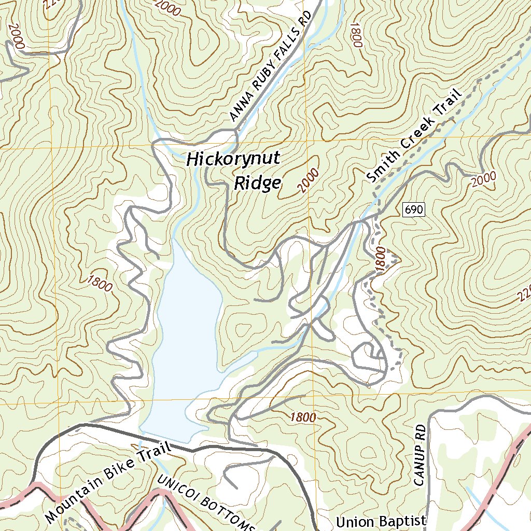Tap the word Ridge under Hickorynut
257,183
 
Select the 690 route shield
413,209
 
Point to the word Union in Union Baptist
354,521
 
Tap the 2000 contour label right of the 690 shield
484,179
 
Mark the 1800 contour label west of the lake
100,283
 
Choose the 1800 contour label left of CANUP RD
303,417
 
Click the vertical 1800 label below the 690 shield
380,259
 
